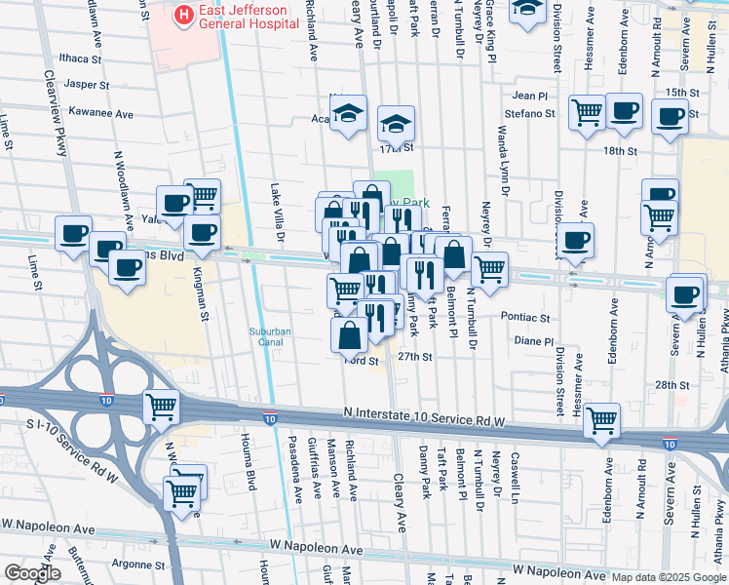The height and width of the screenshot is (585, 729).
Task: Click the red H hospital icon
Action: click(182, 14)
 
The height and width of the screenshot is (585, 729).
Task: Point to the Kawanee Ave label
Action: click(97, 114)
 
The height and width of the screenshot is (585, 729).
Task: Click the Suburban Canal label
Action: click(270, 335)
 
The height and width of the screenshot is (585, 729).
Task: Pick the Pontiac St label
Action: click(525, 318)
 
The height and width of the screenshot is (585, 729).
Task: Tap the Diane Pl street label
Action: click(533, 341)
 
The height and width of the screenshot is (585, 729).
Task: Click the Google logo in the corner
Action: click(33, 573)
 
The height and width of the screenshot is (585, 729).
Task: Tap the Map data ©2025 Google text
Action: click(669, 576)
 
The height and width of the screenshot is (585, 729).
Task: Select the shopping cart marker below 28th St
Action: click(602, 420)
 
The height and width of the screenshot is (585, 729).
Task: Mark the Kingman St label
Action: click(200, 295)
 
